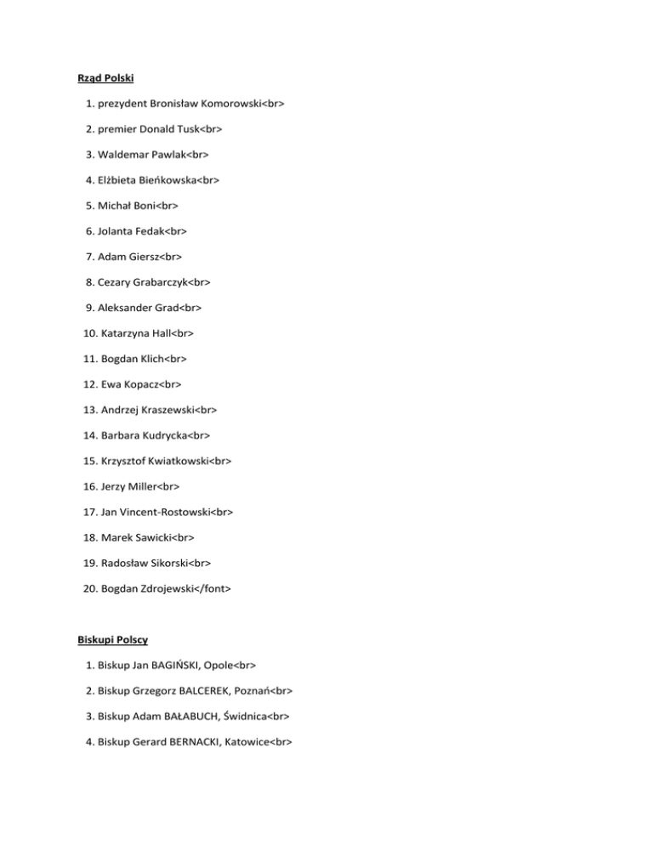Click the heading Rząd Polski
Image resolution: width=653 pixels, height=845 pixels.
click(x=105, y=79)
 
